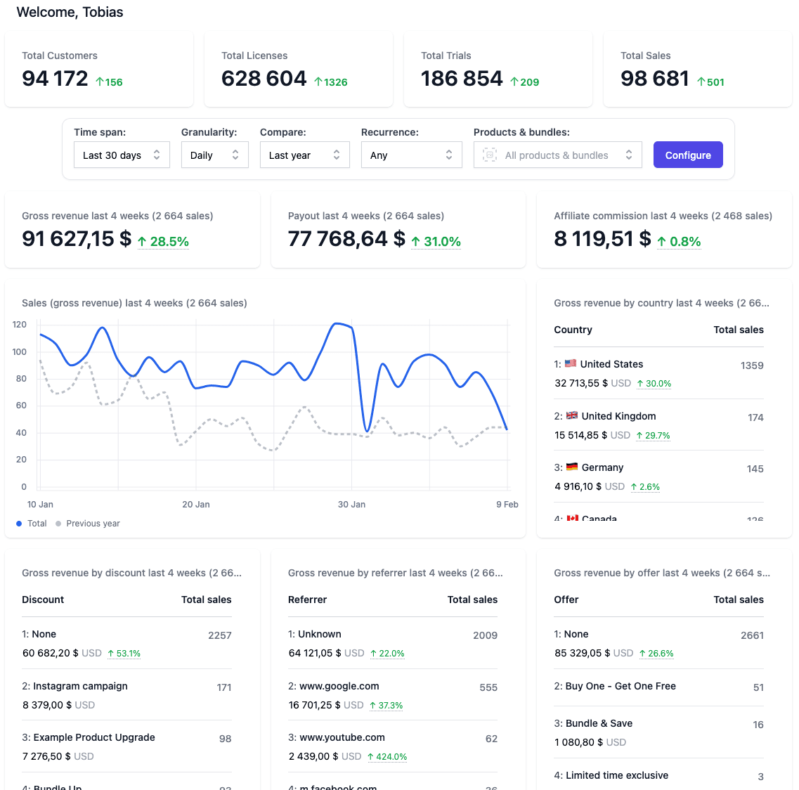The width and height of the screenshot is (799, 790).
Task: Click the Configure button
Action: tap(688, 155)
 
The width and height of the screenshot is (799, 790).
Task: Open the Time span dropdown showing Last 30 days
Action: tap(122, 155)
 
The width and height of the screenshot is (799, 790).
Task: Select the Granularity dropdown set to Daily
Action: tap(214, 155)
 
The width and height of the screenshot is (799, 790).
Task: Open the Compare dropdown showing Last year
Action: tap(304, 155)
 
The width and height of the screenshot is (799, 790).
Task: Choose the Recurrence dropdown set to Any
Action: tap(411, 155)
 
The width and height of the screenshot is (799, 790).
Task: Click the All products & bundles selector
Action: tap(557, 155)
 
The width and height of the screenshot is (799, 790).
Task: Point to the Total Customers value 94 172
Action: tap(56, 79)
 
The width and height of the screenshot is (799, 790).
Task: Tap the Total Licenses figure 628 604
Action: tap(264, 79)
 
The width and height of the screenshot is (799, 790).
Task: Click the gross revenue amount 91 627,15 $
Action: tap(77, 239)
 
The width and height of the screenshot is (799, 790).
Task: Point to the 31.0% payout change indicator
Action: tap(436, 242)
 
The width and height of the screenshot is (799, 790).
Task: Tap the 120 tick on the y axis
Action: tap(20, 325)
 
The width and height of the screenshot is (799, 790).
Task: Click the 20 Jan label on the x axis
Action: tap(196, 505)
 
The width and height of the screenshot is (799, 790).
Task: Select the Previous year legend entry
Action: tap(93, 524)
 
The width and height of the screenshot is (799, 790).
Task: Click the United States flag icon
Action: tap(571, 364)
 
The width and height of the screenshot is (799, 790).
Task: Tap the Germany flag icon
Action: tap(572, 467)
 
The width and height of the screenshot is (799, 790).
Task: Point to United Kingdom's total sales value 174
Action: tap(755, 417)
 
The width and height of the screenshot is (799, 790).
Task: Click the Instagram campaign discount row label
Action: tap(80, 686)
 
